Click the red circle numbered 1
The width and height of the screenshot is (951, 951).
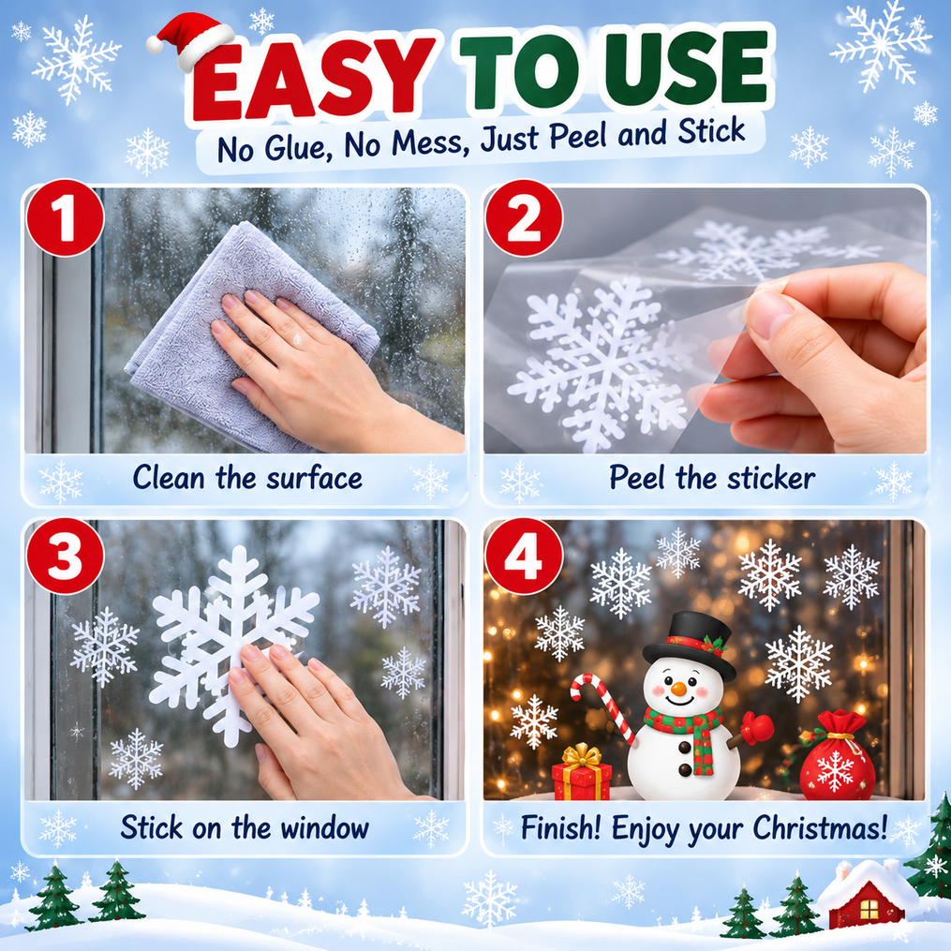pyautogui.click(x=65, y=217)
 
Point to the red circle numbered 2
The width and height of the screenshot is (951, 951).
pyautogui.click(x=524, y=217)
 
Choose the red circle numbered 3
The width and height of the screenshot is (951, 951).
pyautogui.click(x=65, y=557)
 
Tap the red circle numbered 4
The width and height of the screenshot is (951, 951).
pyautogui.click(x=524, y=557)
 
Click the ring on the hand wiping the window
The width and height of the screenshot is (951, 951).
pyautogui.click(x=297, y=339)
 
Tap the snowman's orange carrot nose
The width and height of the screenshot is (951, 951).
pyautogui.click(x=678, y=689)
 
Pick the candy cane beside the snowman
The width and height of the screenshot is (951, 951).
pyautogui.click(x=602, y=706)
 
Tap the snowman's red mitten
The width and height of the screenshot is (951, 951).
pyautogui.click(x=758, y=727)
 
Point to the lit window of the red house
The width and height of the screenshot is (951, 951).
pyautogui.click(x=869, y=909)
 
